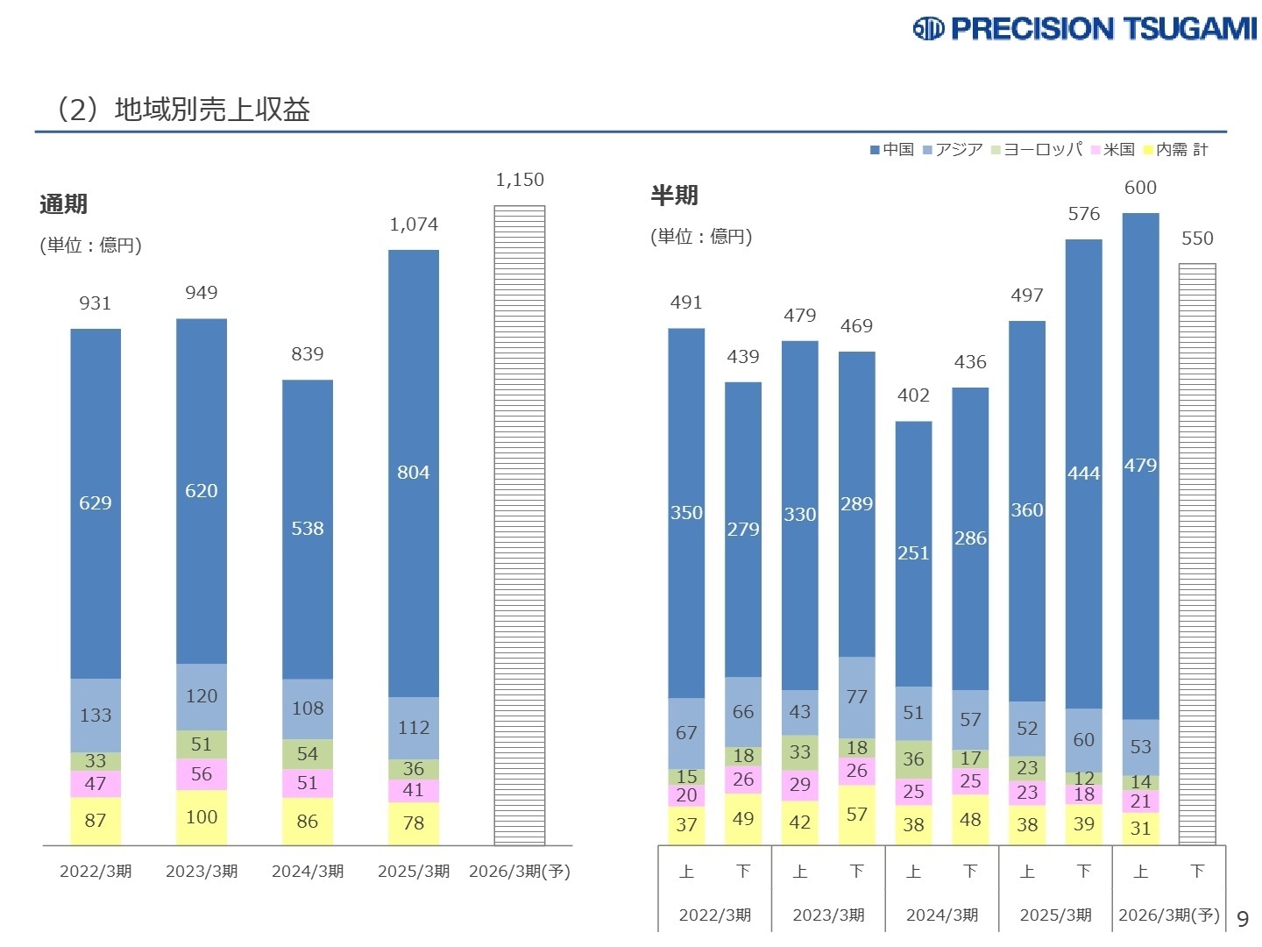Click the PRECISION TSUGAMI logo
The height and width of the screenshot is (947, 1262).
[x=1085, y=29]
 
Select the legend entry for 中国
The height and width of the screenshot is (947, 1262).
[x=892, y=150]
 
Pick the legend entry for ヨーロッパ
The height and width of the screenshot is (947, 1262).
[x=1037, y=150]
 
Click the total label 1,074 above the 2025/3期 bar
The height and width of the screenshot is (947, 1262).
[x=414, y=224]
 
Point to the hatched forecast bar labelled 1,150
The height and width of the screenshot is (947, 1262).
[x=520, y=526]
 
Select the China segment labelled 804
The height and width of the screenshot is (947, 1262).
[x=414, y=473]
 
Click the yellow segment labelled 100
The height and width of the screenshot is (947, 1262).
[x=202, y=817]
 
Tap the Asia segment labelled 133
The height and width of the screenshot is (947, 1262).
[x=96, y=716]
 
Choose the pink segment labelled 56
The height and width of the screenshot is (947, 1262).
[x=202, y=773]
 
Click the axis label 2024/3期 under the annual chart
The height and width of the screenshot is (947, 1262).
[x=308, y=872]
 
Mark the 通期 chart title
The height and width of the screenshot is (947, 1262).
[x=64, y=204]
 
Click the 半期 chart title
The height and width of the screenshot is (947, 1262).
[x=674, y=196]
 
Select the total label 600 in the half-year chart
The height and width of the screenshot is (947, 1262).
[x=1140, y=188]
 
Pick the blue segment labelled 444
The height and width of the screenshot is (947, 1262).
[x=1084, y=473]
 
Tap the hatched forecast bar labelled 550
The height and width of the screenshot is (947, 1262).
[x=1197, y=552]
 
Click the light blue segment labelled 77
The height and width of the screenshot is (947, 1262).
[x=857, y=697]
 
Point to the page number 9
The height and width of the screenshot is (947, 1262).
[x=1243, y=919]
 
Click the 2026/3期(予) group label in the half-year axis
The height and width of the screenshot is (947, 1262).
[x=1169, y=915]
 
